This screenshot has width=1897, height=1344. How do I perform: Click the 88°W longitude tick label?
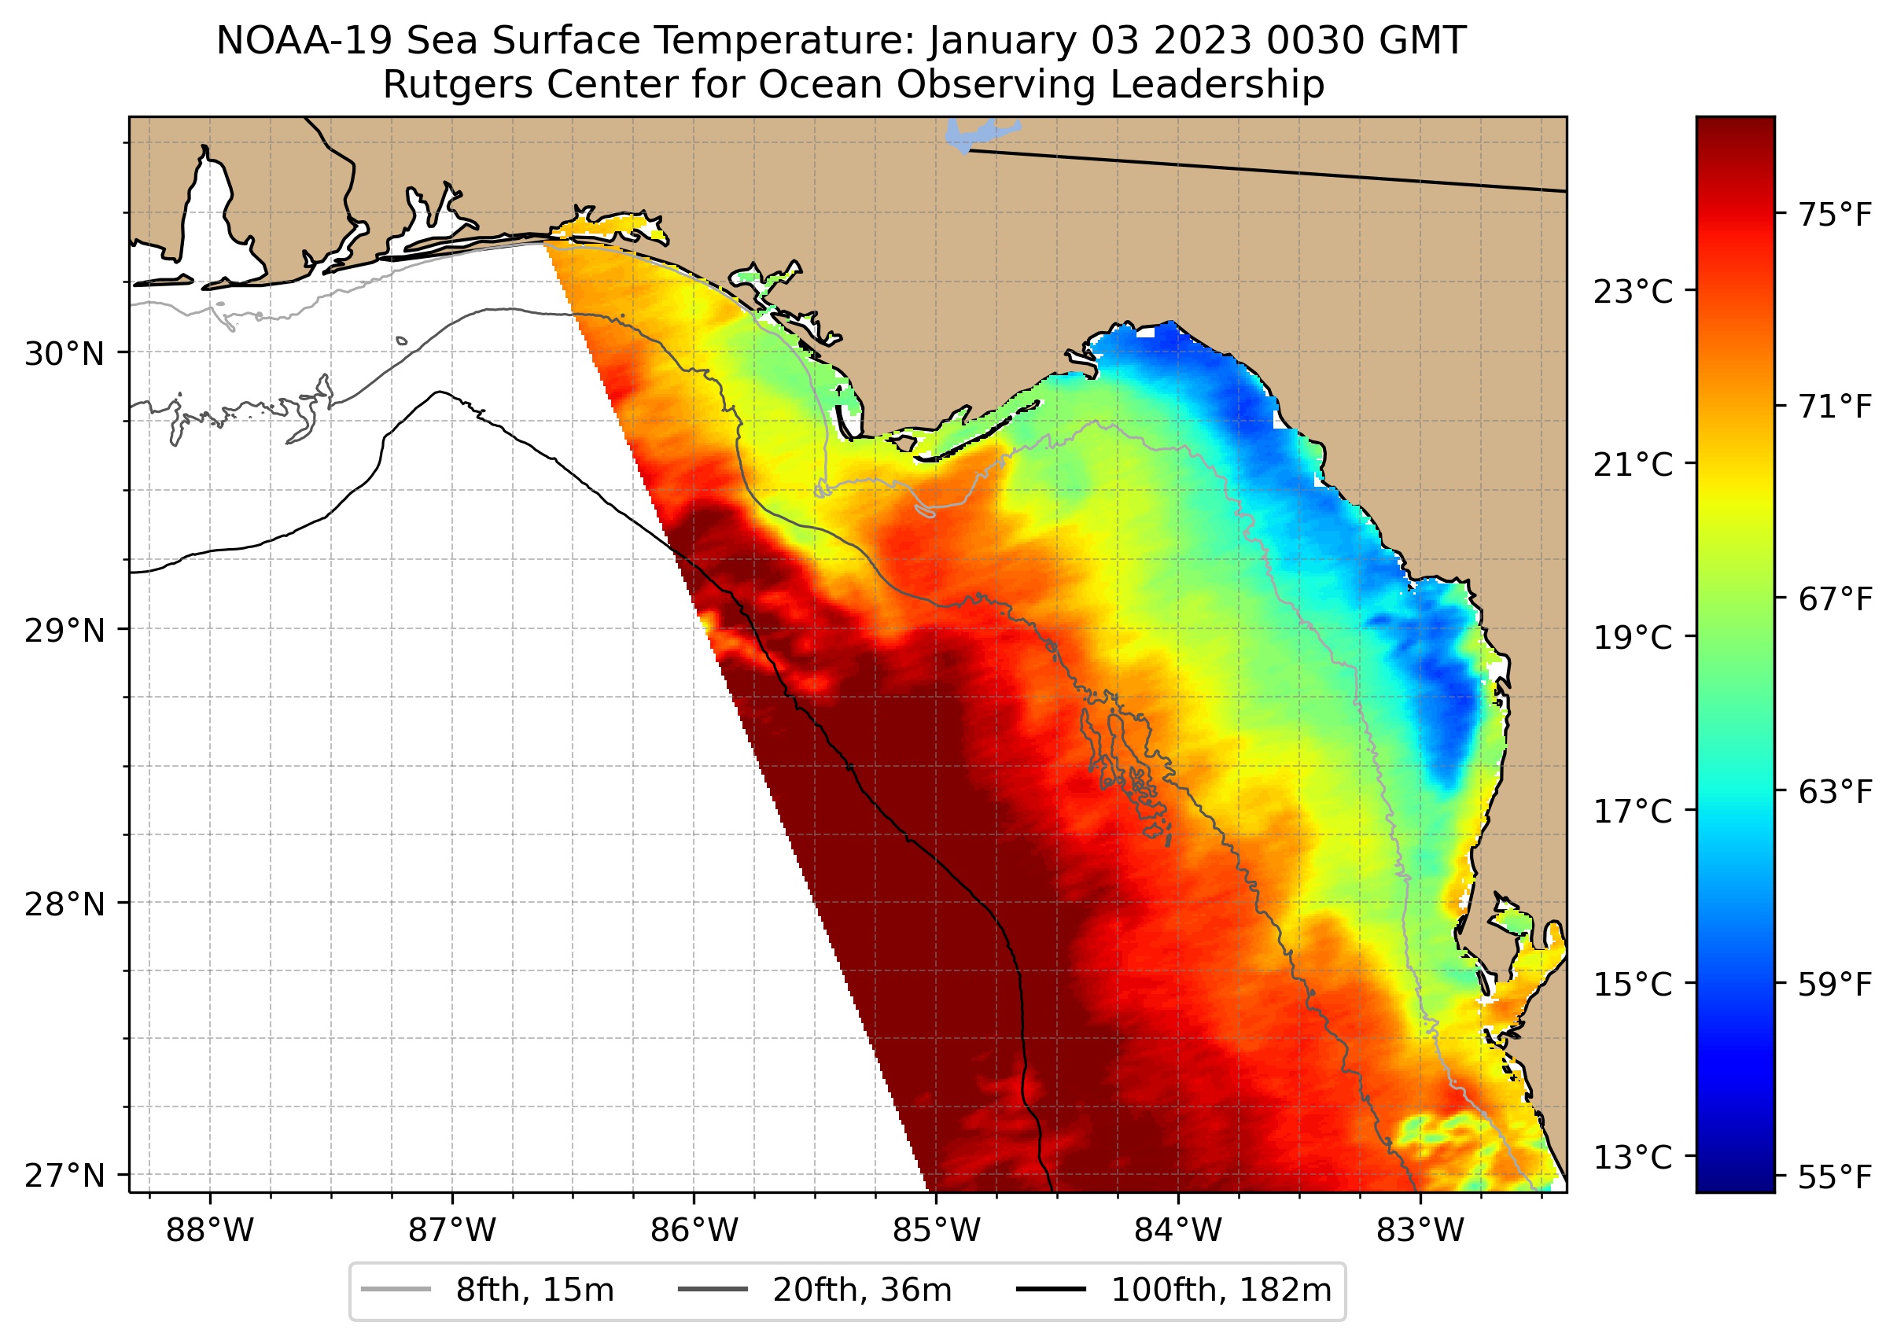pyautogui.click(x=209, y=1231)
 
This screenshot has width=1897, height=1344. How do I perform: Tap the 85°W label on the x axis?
pyautogui.click(x=935, y=1231)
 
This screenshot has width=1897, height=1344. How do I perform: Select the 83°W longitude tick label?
pyautogui.click(x=1420, y=1231)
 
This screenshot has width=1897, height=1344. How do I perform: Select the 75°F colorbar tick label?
pyautogui.click(x=1835, y=215)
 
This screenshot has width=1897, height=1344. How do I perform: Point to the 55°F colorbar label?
pyautogui.click(x=1835, y=1176)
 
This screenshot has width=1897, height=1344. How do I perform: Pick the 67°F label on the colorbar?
pyautogui.click(x=1835, y=599)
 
